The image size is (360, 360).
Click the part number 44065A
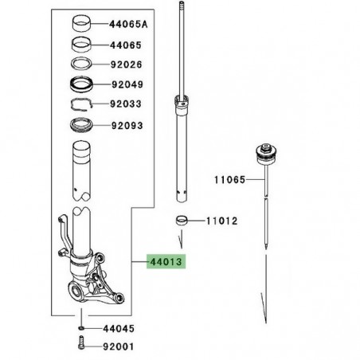[x=128, y=25]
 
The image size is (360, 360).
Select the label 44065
[x=126, y=45]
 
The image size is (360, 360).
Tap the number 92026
[x=127, y=65]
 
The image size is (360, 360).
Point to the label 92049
[x=127, y=84]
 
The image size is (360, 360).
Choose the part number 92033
[x=126, y=104]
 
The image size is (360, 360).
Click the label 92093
[x=127, y=125]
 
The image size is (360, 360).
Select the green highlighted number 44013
[x=166, y=262]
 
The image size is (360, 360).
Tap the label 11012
[x=222, y=221]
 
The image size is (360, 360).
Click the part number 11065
[x=230, y=180]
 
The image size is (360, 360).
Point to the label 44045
[x=119, y=329]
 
